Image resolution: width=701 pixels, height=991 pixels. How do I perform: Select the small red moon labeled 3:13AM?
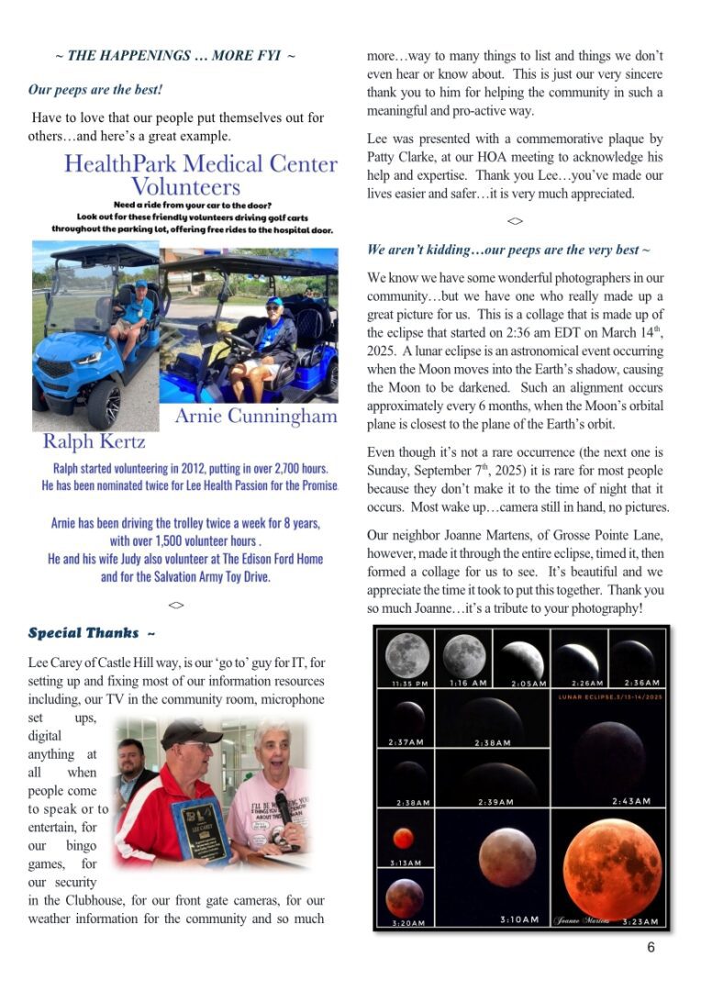tap(403, 839)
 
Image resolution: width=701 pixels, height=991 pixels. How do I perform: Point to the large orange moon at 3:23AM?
tap(611, 868)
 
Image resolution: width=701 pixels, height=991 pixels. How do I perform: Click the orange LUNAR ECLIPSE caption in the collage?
tap(607, 697)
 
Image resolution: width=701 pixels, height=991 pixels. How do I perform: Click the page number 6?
tap(651, 948)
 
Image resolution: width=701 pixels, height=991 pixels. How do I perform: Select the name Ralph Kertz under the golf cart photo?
tap(94, 441)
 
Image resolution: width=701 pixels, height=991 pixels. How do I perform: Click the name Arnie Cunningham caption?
tap(256, 417)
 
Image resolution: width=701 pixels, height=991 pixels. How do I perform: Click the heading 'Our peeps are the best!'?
tap(95, 91)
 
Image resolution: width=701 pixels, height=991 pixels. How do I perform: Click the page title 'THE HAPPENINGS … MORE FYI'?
tap(174, 56)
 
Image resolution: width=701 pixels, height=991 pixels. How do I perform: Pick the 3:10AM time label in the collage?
tap(519, 919)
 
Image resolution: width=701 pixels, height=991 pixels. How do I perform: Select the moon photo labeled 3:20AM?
tap(404, 896)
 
